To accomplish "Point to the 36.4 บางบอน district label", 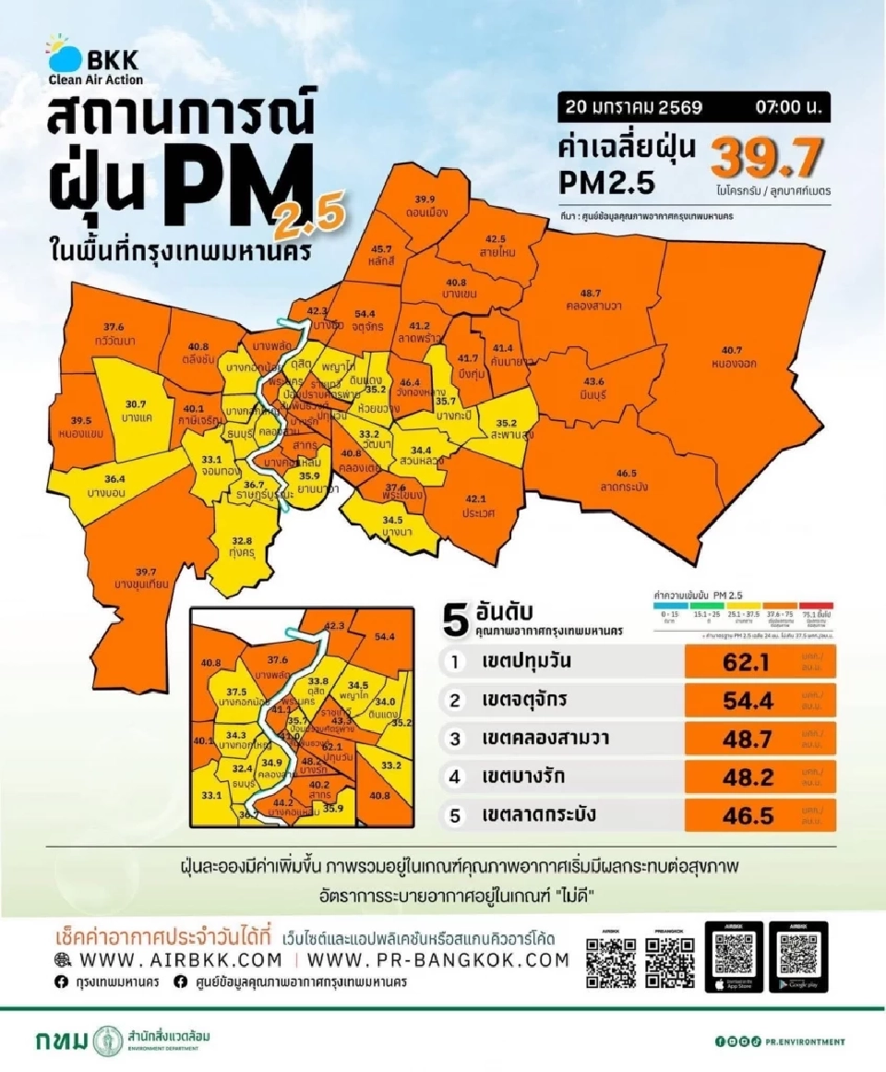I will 115,484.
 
